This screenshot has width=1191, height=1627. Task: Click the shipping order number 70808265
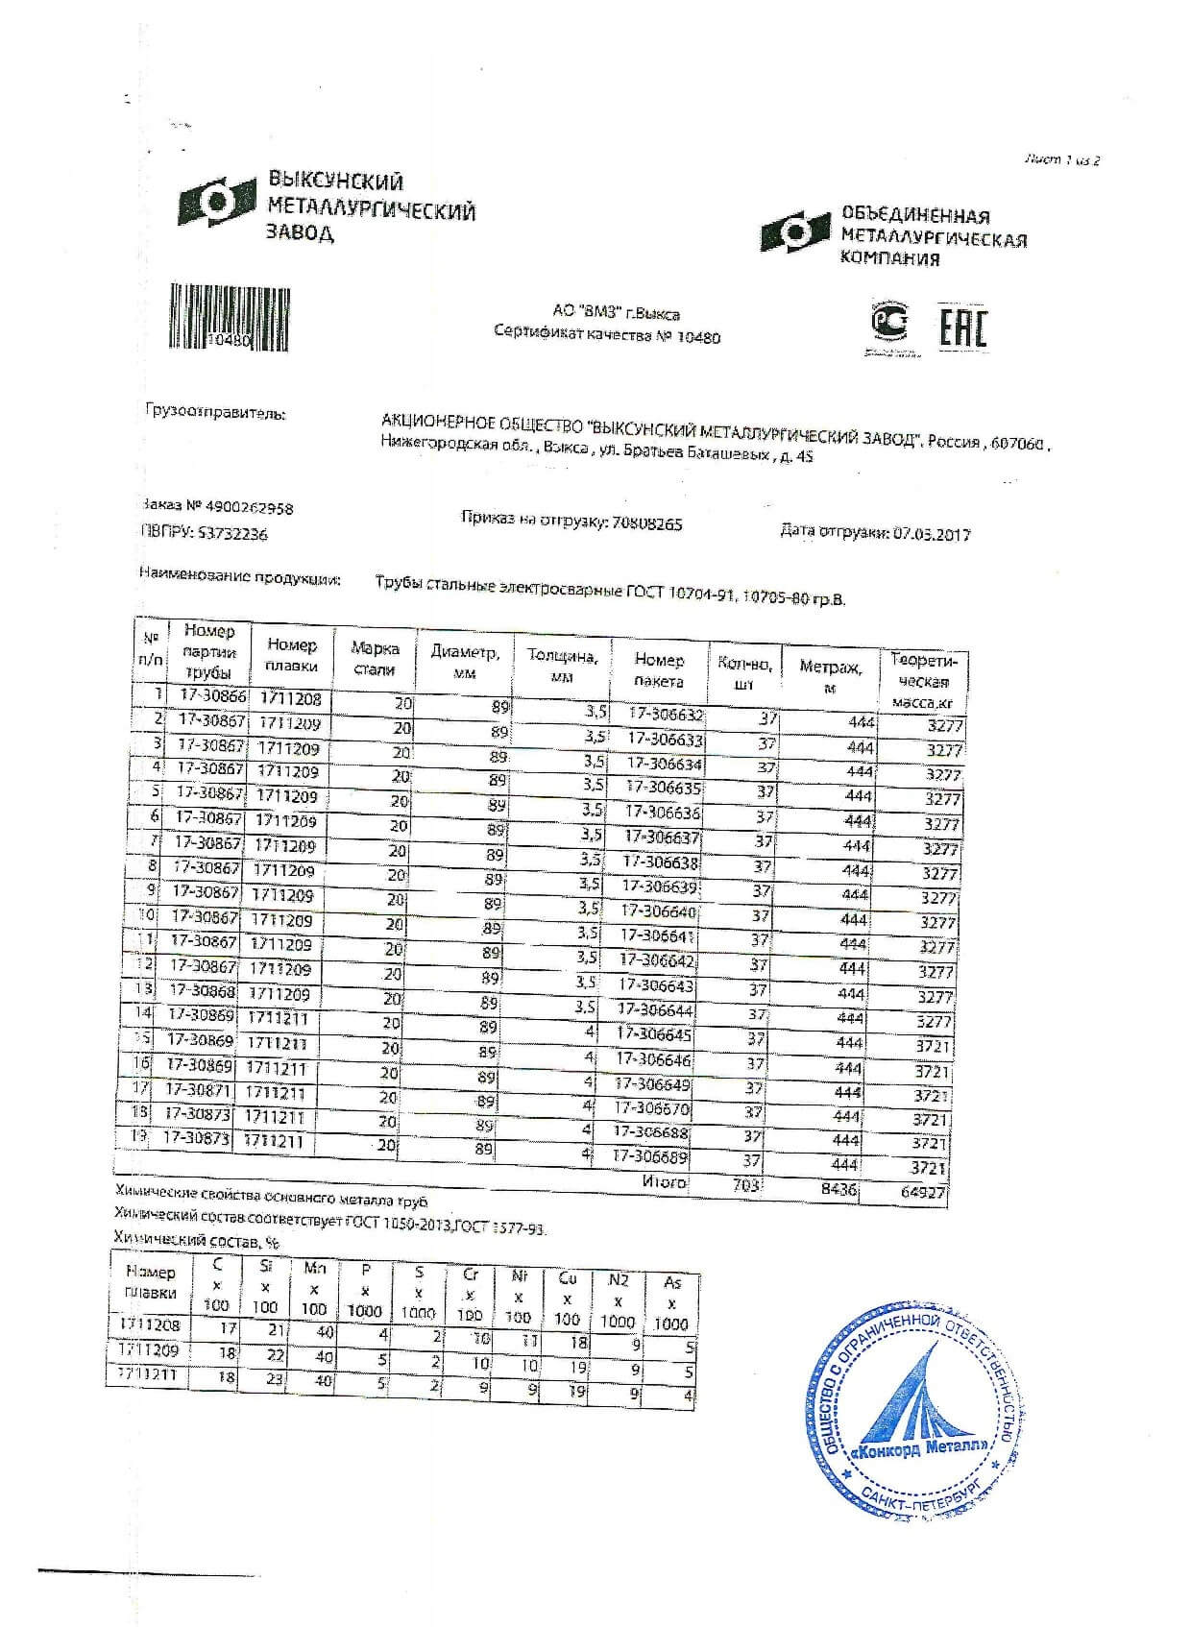click(x=646, y=524)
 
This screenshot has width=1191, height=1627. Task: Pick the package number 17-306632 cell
click(x=666, y=716)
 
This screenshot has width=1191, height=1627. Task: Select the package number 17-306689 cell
click(x=651, y=1157)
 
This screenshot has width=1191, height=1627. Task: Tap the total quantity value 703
click(x=746, y=1186)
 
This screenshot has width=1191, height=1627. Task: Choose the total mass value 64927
click(x=923, y=1194)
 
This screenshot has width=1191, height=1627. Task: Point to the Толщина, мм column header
click(x=563, y=666)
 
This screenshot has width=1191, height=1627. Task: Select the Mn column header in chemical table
click(x=314, y=1288)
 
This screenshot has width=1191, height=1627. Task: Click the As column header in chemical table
click(x=671, y=1302)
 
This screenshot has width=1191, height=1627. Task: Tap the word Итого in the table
click(x=664, y=1182)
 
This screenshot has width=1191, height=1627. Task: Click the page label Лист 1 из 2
click(x=1061, y=160)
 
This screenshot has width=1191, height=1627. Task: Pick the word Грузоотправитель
click(x=214, y=414)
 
